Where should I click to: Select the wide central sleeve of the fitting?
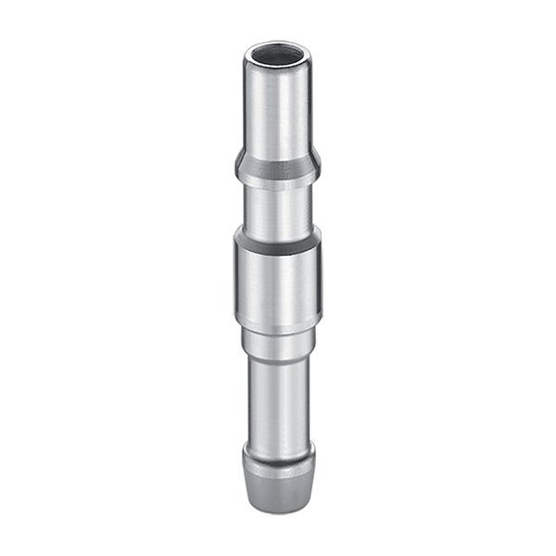278,283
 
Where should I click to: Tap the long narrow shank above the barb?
278,398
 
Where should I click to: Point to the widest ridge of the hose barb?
278,456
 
